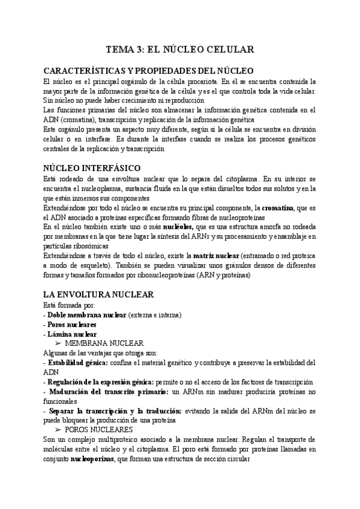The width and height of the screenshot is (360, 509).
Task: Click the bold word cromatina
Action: point(283,207)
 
